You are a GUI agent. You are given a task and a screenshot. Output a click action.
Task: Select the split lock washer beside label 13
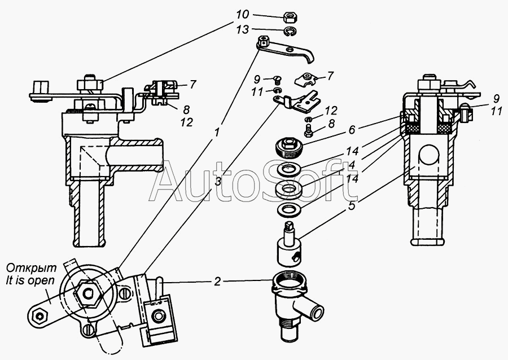point(291,32)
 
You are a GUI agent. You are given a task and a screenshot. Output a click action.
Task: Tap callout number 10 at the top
point(242,15)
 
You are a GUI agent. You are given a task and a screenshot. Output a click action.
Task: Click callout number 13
point(243,29)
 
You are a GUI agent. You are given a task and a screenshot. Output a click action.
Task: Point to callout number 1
point(218,132)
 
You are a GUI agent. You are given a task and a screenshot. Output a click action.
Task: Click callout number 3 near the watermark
point(218,182)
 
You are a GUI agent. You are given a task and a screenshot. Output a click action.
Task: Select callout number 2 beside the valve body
point(217,282)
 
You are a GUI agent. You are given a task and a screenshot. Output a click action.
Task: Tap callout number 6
point(352,129)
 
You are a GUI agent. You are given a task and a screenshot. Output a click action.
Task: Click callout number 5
point(352,205)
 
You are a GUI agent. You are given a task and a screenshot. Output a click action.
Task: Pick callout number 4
point(352,164)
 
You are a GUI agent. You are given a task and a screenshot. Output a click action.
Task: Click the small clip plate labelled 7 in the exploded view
point(306,78)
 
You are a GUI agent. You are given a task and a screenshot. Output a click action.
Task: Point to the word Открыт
point(32,269)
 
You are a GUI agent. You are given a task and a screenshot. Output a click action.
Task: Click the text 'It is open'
point(30,280)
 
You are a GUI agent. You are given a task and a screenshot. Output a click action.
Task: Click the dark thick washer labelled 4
point(289,188)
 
